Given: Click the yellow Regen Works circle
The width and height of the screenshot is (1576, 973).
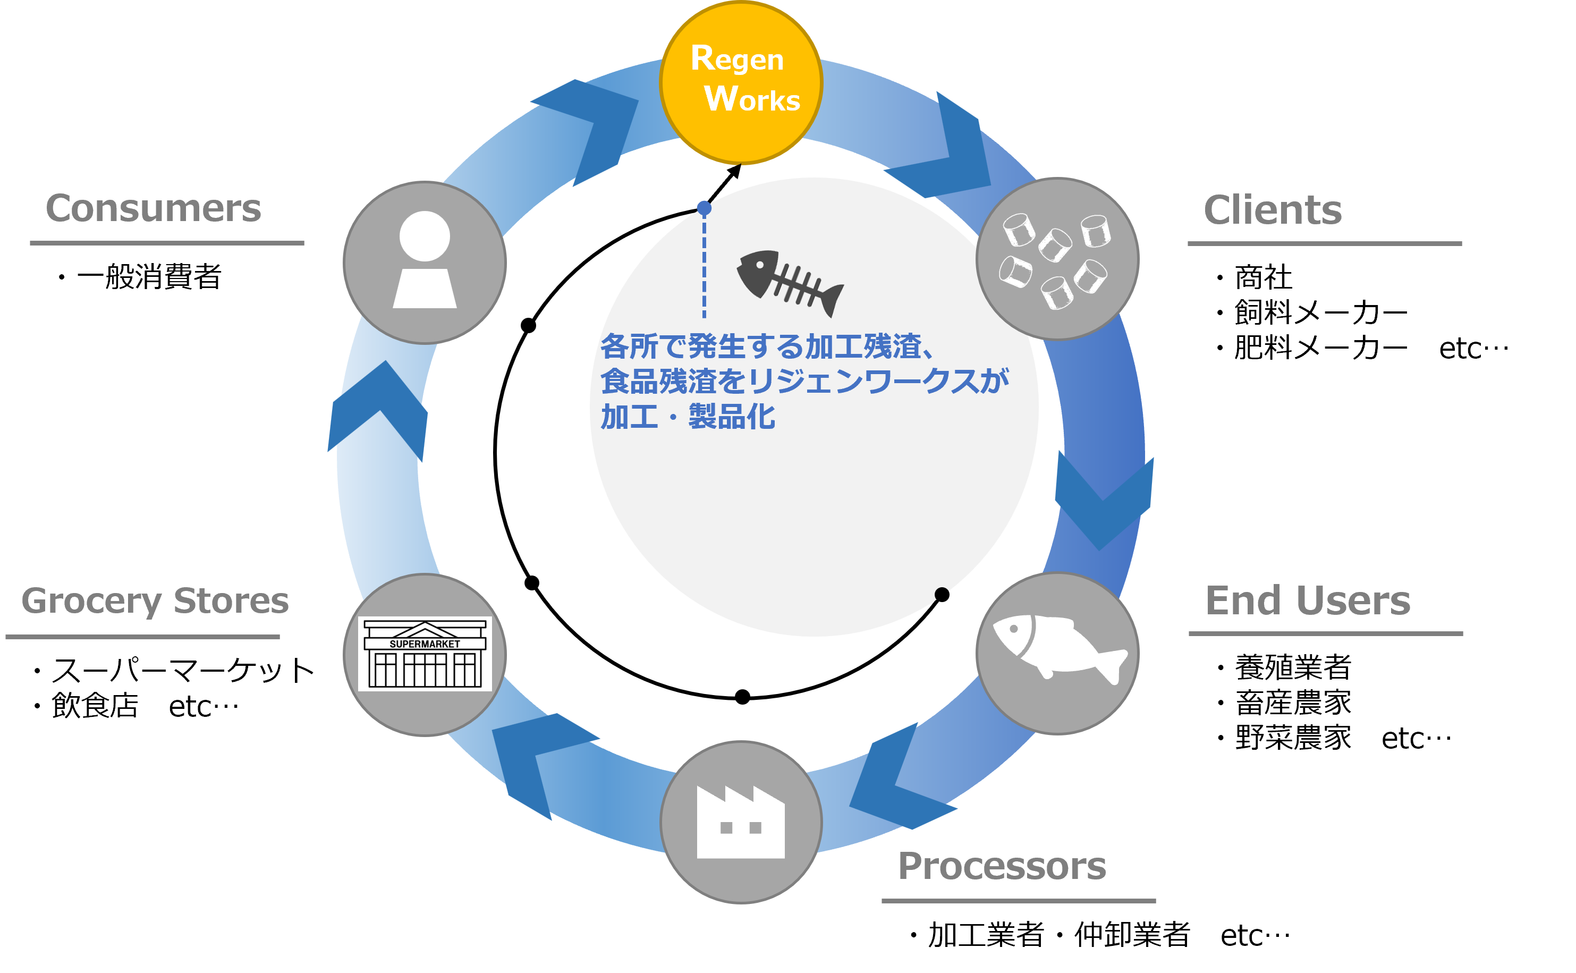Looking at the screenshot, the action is click(741, 82).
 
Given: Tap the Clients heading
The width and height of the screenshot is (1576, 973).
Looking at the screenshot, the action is click(1273, 210).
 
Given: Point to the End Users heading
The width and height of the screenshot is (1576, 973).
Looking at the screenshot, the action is click(1308, 600).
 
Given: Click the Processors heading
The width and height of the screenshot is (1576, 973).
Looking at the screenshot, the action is click(1002, 866).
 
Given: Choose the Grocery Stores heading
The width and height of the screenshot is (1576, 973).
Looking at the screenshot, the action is click(155, 602).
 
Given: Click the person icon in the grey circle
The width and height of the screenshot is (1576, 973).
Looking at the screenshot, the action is click(425, 259).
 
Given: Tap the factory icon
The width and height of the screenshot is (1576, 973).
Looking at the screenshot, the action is click(741, 822).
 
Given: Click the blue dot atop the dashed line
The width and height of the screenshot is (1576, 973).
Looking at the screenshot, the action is click(705, 208).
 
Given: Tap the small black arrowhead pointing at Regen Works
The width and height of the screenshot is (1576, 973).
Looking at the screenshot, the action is click(734, 172).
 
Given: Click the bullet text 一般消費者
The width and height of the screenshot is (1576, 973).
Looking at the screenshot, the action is click(149, 277).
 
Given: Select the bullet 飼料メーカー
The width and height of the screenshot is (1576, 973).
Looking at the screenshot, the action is click(1320, 313).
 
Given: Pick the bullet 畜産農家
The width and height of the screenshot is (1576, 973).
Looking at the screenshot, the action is click(1293, 703).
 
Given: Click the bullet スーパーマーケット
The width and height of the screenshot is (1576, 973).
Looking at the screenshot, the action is click(183, 671).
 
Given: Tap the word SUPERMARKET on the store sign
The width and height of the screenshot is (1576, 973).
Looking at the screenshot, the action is click(425, 644).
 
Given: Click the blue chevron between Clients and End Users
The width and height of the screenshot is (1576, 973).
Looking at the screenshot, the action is click(1104, 501).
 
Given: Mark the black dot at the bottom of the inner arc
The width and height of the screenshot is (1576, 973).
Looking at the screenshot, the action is click(742, 697).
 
